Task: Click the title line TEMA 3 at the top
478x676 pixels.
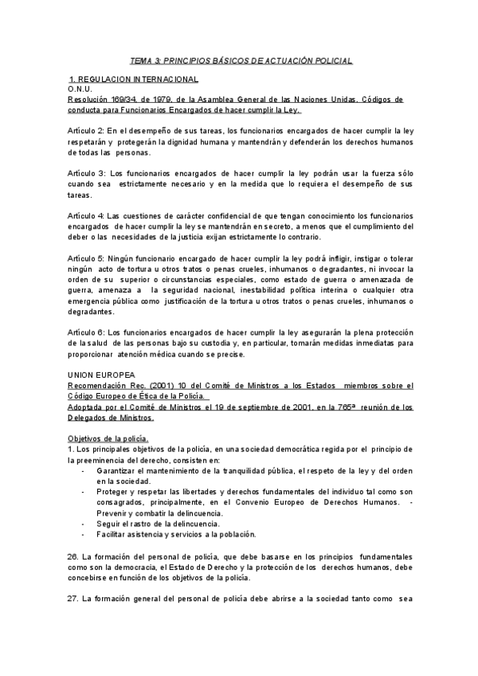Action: point(241,61)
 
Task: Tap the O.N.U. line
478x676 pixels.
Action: point(80,90)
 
